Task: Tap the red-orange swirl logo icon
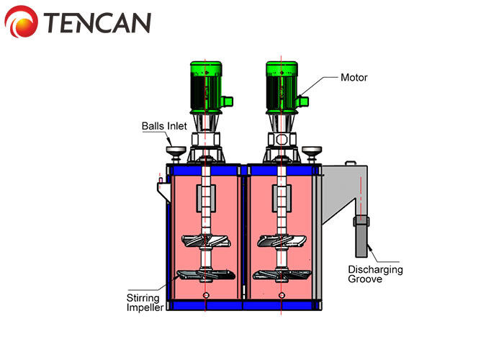coord(22,22)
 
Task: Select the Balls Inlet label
coord(163,126)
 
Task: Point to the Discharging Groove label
coord(375,274)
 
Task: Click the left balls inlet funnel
coord(174,151)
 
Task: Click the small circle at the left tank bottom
coord(206,295)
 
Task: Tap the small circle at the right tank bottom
coord(282,295)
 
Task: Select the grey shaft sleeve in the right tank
coord(281,197)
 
